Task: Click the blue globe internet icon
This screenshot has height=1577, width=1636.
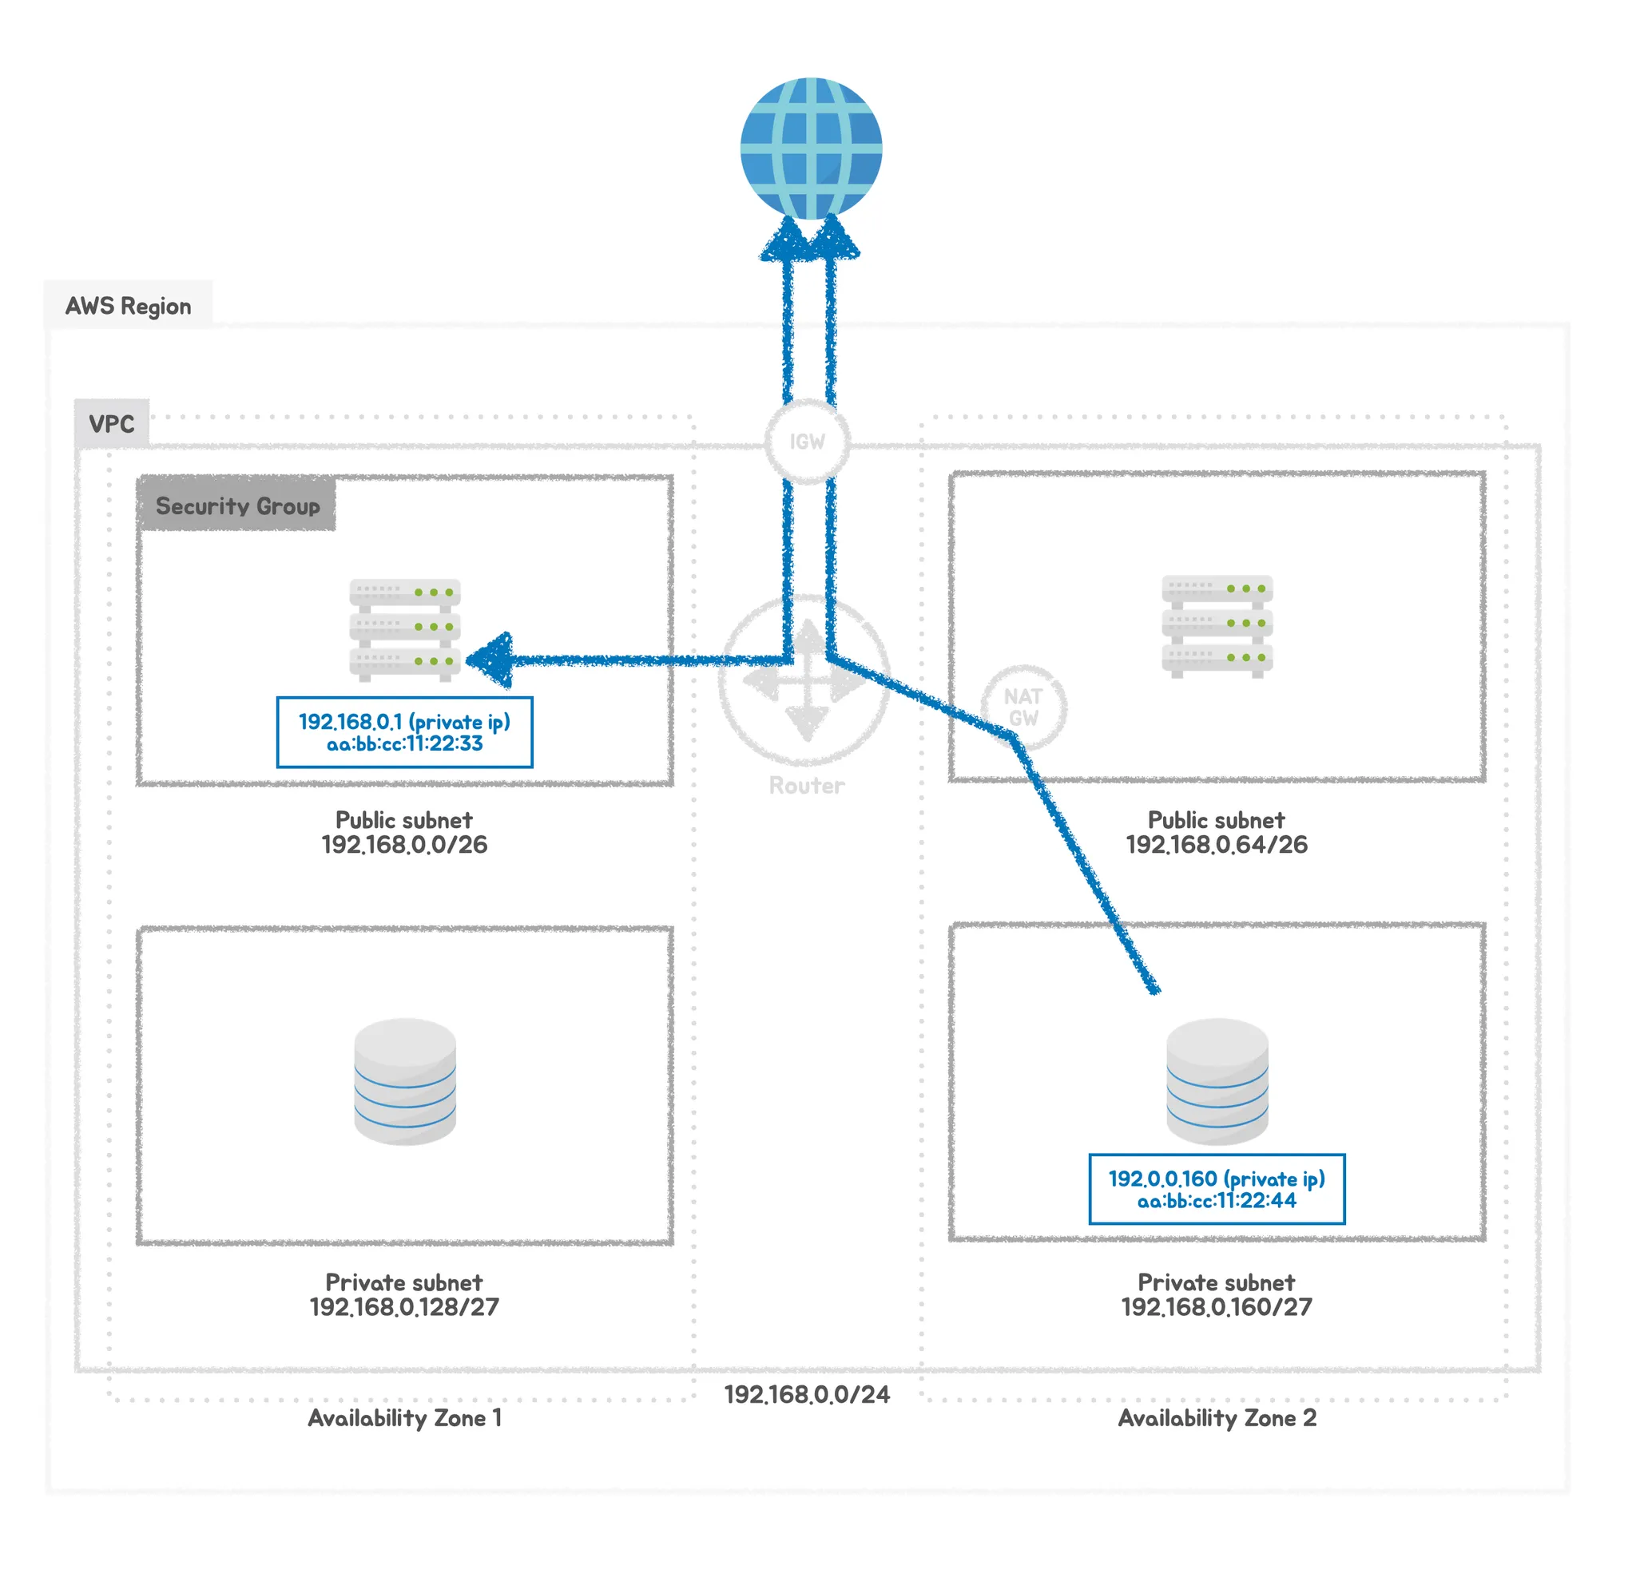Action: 811,149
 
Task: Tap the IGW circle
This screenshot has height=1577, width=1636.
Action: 807,442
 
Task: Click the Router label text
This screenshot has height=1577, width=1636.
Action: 806,785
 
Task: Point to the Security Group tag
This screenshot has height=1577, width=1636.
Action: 237,505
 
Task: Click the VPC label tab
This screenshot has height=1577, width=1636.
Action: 111,424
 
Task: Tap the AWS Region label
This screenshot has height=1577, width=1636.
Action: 128,307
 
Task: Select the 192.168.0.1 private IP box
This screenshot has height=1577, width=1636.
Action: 404,731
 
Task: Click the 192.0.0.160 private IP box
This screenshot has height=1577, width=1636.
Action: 1216,1188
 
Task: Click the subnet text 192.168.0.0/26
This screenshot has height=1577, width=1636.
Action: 404,845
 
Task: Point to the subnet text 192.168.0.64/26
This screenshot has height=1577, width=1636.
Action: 1216,845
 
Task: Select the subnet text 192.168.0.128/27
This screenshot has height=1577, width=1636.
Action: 404,1306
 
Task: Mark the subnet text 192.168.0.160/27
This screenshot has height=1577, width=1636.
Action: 1216,1306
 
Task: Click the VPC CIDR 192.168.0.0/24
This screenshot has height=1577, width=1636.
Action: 806,1394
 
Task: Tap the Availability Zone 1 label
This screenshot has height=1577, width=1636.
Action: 405,1417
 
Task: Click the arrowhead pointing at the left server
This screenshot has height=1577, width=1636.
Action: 490,660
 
